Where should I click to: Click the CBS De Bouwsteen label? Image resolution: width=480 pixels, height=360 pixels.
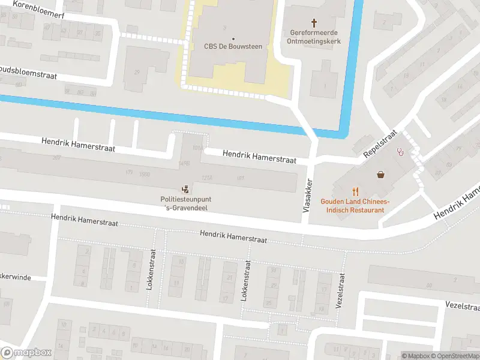[233, 46]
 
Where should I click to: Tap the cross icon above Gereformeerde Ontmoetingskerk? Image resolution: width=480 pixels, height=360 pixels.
[313, 23]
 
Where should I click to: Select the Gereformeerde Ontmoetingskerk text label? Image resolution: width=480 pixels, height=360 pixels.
[313, 37]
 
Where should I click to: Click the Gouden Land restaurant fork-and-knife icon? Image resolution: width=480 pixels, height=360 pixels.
[356, 192]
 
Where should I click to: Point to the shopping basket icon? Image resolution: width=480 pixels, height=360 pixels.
[380, 175]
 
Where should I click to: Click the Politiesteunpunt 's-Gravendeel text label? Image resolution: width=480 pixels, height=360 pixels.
[185, 203]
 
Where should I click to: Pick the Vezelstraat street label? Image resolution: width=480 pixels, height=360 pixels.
[340, 291]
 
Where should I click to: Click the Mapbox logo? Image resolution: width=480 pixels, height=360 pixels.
[26, 353]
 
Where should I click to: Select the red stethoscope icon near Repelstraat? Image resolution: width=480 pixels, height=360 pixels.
[401, 152]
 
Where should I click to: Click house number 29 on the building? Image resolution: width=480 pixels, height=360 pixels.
[137, 72]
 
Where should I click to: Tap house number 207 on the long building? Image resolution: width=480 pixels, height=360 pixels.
[57, 157]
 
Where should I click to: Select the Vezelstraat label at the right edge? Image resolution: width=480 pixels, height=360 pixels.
[462, 306]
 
